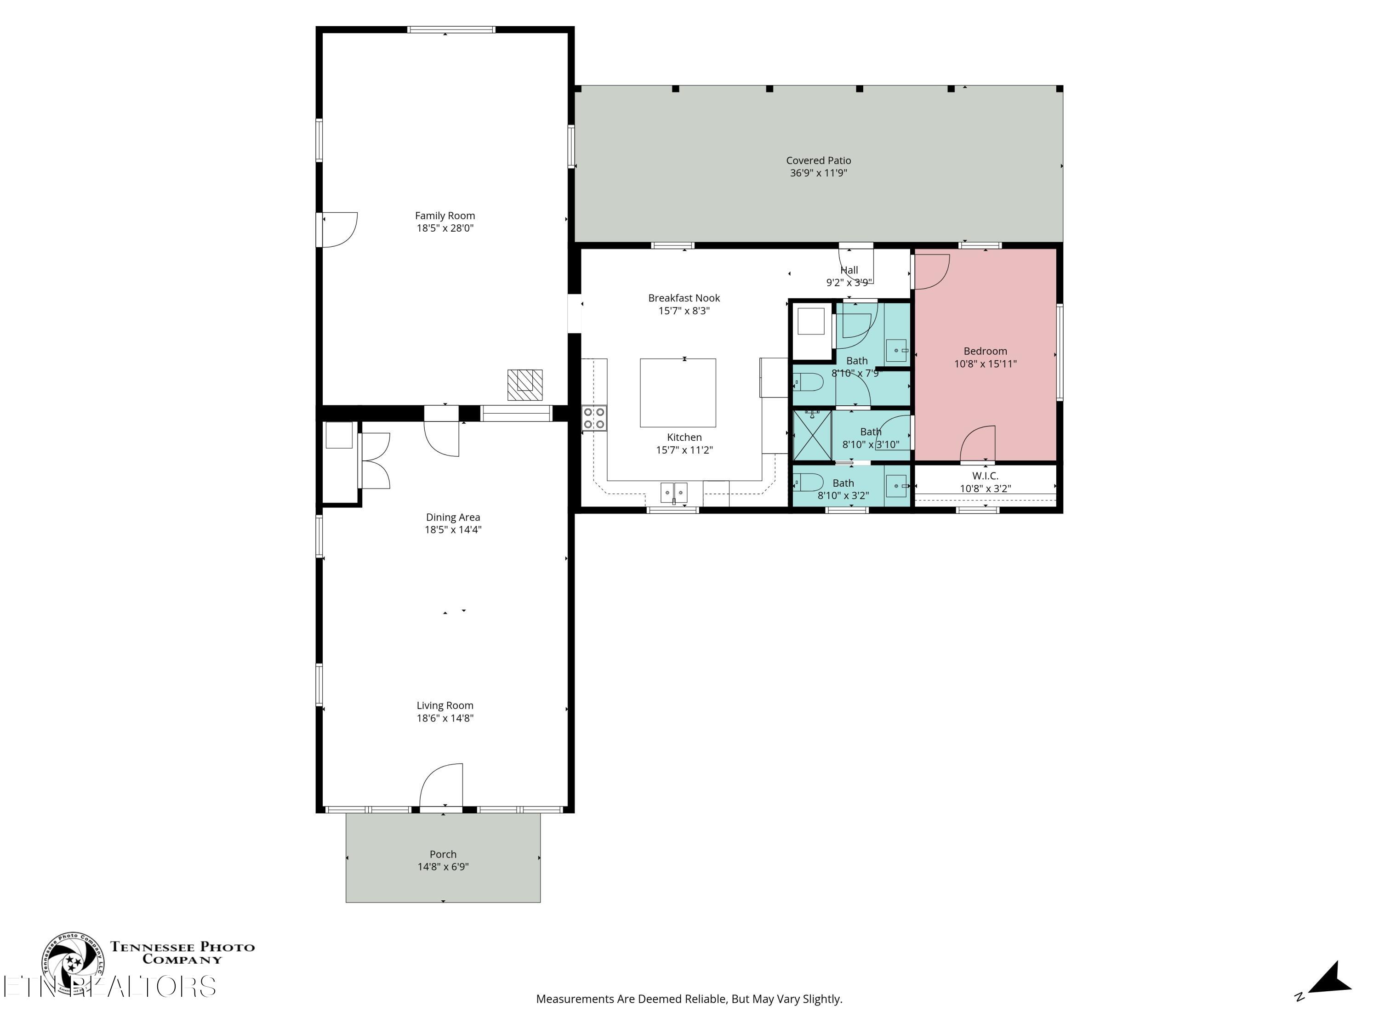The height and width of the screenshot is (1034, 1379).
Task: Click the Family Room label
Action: [x=444, y=216]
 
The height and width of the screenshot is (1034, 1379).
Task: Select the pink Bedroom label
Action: [x=985, y=351]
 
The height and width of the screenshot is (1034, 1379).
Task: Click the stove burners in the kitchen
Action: [x=593, y=418]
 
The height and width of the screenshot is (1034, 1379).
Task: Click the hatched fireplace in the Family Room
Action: [x=524, y=385]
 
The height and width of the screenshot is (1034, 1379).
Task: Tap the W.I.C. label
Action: [x=985, y=476]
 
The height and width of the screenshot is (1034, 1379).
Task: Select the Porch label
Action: [x=443, y=854]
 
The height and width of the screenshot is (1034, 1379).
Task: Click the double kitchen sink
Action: [x=673, y=492]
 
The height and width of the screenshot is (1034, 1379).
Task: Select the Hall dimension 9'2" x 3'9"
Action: [x=849, y=282]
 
